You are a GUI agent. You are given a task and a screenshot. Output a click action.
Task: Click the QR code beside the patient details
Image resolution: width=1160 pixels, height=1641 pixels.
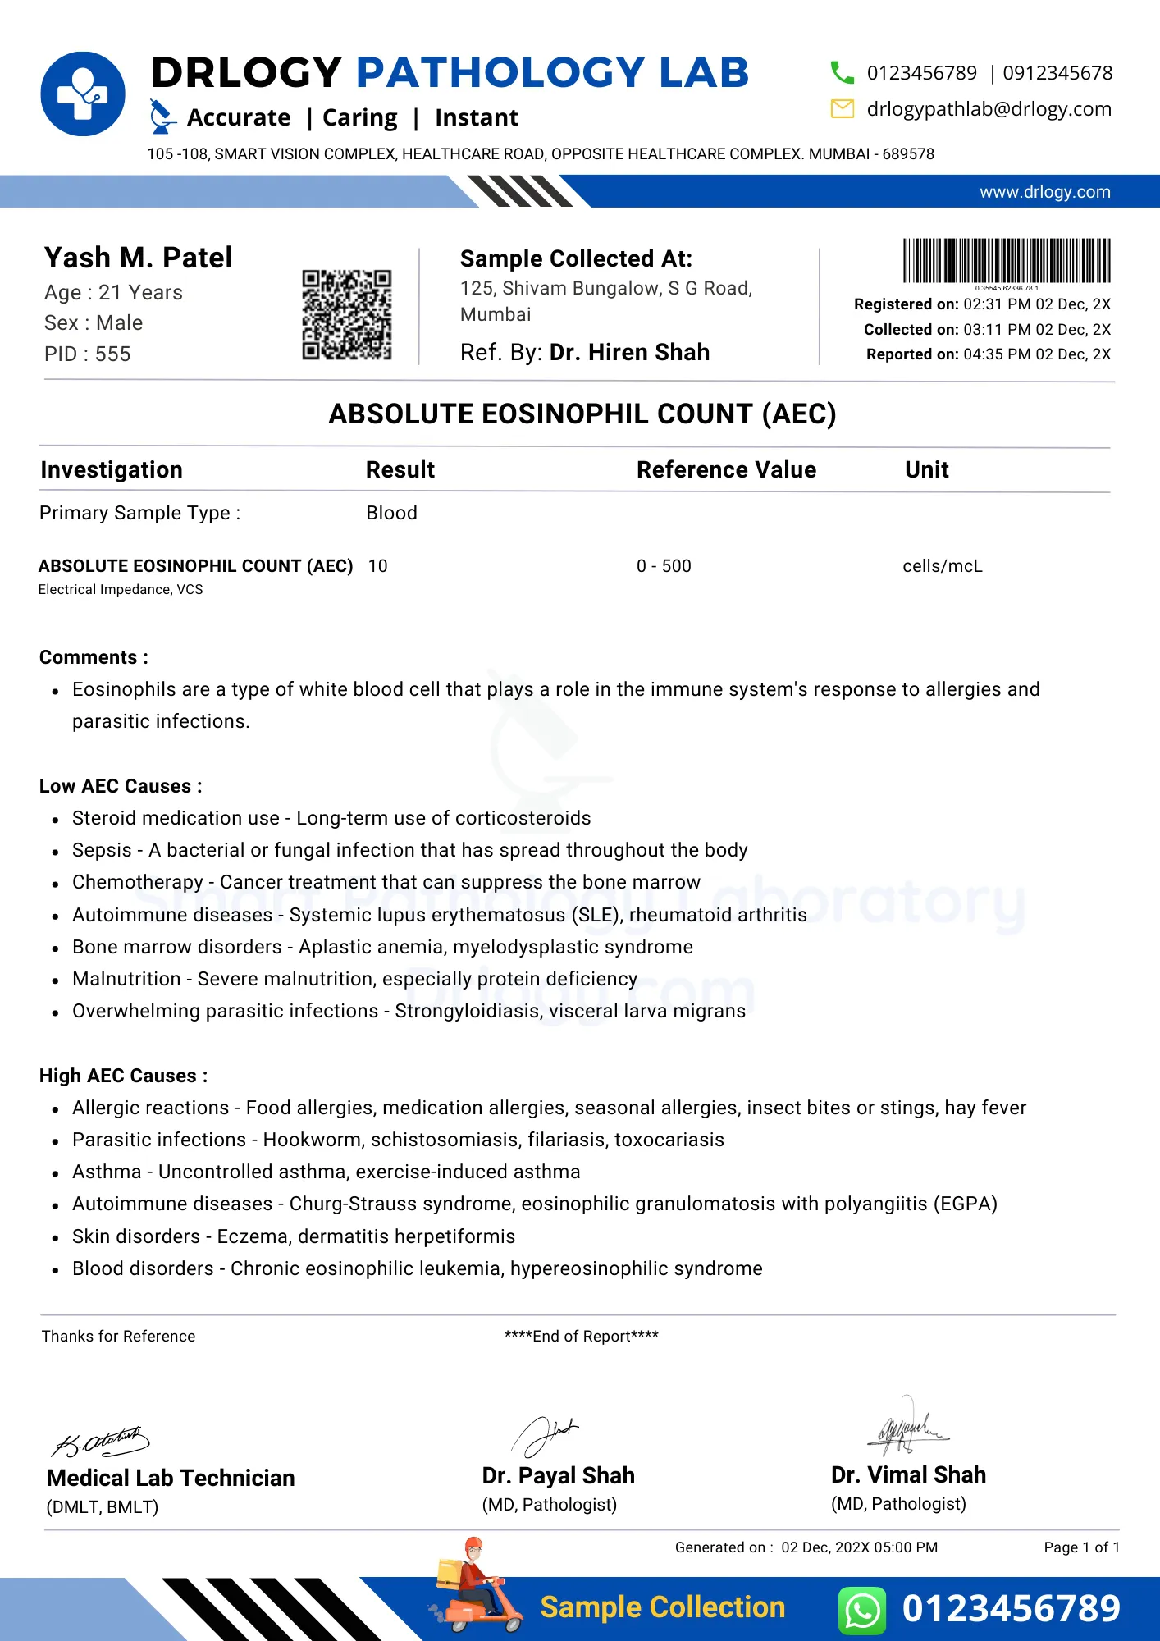pyautogui.click(x=346, y=314)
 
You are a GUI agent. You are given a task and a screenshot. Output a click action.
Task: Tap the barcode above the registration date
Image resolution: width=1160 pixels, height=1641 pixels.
pyautogui.click(x=1007, y=261)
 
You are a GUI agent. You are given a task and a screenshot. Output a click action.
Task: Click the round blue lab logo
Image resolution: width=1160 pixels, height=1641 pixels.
pyautogui.click(x=83, y=94)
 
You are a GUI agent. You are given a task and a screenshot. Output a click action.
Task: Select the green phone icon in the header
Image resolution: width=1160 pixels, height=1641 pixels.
pyautogui.click(x=842, y=73)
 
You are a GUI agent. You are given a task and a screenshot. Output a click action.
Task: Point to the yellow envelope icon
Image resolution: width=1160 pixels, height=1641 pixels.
pyautogui.click(x=843, y=108)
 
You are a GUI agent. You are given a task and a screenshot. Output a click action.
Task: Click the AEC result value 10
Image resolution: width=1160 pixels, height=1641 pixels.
pyautogui.click(x=377, y=566)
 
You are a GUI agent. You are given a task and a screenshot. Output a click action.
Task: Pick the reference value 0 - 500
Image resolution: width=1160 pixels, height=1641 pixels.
pyautogui.click(x=664, y=566)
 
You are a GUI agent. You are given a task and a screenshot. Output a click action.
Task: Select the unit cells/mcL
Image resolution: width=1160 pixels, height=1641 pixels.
pyautogui.click(x=942, y=566)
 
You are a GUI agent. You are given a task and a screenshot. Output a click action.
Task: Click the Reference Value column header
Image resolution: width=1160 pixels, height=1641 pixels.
pyautogui.click(x=726, y=469)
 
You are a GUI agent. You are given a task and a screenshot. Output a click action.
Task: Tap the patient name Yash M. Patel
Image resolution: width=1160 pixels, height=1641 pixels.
pyautogui.click(x=138, y=258)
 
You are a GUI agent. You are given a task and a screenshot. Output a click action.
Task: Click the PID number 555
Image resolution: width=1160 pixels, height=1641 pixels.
pyautogui.click(x=112, y=354)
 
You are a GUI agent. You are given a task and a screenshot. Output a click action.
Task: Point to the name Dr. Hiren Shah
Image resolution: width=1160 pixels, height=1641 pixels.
pyautogui.click(x=629, y=352)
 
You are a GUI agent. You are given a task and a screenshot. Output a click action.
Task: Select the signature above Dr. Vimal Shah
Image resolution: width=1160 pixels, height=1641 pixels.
pyautogui.click(x=907, y=1427)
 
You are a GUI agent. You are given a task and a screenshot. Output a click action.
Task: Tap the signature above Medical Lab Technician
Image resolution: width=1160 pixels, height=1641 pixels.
pyautogui.click(x=101, y=1441)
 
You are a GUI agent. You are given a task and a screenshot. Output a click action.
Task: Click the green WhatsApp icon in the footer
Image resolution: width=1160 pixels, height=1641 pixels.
pyautogui.click(x=862, y=1609)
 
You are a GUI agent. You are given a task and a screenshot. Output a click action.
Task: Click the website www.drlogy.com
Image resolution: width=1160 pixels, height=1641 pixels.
pyautogui.click(x=1044, y=192)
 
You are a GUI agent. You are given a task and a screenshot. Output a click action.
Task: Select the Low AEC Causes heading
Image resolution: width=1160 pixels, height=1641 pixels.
pyautogui.click(x=121, y=786)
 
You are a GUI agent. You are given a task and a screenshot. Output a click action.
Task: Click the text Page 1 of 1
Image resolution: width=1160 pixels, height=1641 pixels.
pyautogui.click(x=1081, y=1547)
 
